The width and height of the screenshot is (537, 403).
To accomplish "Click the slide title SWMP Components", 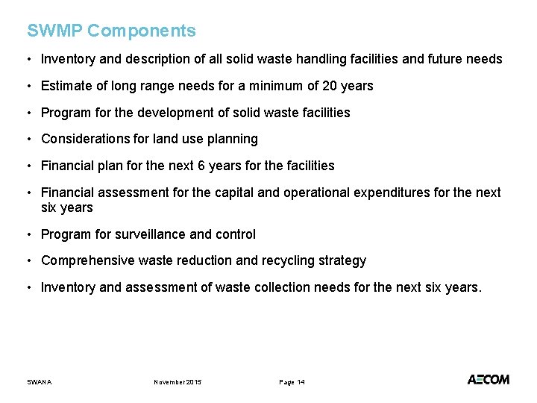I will tap(111, 31).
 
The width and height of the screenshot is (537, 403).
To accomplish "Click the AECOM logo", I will tap(489, 380).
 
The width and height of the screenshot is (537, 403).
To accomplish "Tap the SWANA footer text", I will tap(40, 382).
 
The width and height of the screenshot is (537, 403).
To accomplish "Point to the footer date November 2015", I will tap(178, 382).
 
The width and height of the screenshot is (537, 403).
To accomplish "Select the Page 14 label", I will tap(292, 382).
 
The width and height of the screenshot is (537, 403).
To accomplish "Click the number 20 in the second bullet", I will tap(330, 86).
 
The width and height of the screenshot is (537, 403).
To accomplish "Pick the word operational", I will tap(322, 193).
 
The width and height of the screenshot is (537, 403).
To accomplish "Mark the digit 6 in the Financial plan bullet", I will tap(181, 166).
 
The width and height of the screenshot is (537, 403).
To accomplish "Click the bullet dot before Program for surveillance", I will tap(29, 234).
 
